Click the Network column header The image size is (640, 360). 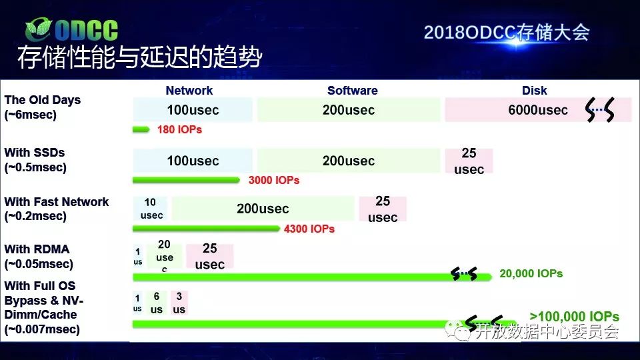coord(189,91)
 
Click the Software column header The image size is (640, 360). coord(352,91)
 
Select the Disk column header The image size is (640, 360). coord(534,91)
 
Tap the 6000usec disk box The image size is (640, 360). coord(538,110)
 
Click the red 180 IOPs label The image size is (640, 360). coord(179,130)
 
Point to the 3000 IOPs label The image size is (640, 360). coord(274,181)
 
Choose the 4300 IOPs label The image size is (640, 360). coord(309,229)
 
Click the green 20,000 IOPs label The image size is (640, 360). coord(531,274)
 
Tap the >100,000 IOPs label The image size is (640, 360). coord(574,316)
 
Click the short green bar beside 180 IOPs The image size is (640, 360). coord(141,130)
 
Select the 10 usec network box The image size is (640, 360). coord(150,209)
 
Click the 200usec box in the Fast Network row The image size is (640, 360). coord(263,209)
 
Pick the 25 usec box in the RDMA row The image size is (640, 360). coord(210,256)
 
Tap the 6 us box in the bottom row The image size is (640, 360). coord(156,303)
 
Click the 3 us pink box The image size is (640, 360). coord(179,303)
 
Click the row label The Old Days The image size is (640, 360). coord(43,107)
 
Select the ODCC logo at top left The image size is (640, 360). coord(71,30)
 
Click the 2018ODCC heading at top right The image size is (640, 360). coord(507,33)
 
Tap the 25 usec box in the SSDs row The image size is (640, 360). coord(469,161)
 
